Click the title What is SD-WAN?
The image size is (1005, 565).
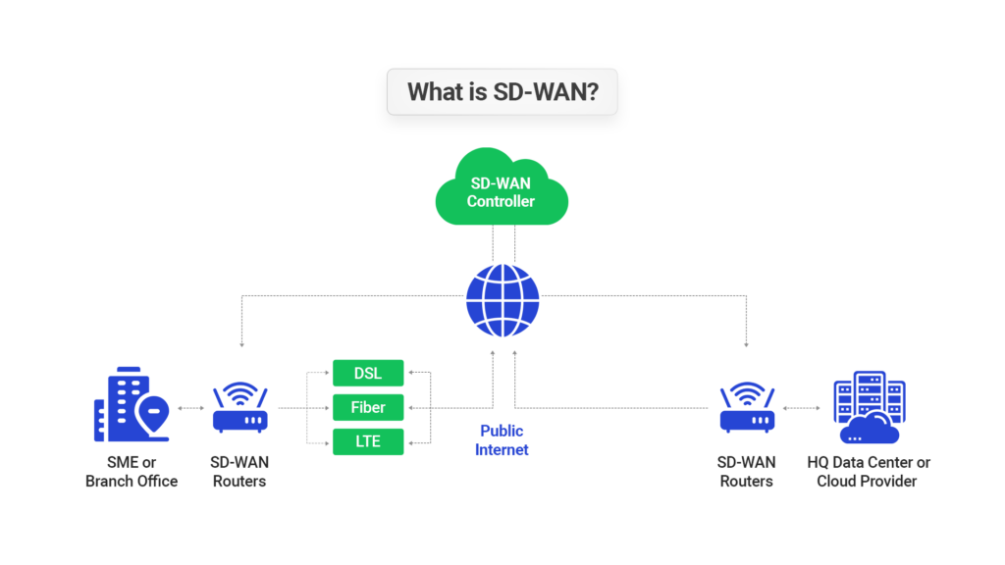502,92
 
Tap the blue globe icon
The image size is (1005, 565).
502,300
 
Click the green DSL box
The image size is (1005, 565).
367,373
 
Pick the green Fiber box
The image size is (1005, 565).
367,407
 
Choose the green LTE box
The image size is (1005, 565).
367,441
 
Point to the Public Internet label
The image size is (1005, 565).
502,440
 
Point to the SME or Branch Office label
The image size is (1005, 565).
132,472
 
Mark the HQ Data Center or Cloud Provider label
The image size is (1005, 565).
868,472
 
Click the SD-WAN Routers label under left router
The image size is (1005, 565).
239,472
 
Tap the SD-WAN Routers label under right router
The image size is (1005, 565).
747,472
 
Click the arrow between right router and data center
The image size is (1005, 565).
803,407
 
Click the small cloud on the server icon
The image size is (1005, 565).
870,429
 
